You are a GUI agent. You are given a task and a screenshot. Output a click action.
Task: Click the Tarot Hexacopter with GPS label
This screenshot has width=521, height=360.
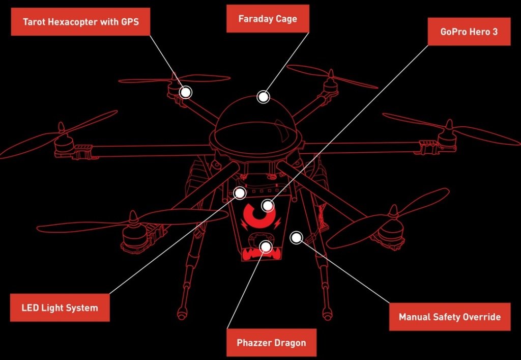[x=80, y=21]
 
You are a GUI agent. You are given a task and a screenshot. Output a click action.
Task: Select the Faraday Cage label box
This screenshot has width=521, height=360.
[x=268, y=19]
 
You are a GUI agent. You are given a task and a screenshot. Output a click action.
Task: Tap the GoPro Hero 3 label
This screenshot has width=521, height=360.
[x=469, y=32]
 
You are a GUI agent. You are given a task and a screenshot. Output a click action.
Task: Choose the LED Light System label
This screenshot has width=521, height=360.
[x=60, y=308]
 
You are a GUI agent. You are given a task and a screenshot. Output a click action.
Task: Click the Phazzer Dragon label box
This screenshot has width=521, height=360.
[x=271, y=342]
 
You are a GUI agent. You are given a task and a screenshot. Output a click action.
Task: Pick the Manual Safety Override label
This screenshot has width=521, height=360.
[x=450, y=317]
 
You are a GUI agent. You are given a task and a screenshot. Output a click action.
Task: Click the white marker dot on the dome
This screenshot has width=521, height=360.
[x=263, y=97]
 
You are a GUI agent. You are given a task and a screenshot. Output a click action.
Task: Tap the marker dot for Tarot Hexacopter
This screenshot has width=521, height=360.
[x=186, y=92]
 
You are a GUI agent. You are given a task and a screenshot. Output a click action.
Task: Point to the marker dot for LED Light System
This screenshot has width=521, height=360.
[x=240, y=193]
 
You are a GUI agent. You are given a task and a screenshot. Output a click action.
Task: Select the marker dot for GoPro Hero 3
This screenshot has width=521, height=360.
[x=268, y=206]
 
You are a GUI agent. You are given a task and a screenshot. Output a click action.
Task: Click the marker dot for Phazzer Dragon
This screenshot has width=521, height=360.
[x=266, y=246]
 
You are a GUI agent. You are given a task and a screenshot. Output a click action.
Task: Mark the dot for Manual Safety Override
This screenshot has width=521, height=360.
[x=297, y=237]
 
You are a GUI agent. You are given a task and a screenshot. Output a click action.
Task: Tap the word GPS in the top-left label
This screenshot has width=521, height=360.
[x=130, y=22]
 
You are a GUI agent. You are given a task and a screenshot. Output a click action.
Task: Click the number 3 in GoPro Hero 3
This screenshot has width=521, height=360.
[x=495, y=32]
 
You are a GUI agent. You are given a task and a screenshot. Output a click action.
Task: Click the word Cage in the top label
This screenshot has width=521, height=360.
[x=286, y=19]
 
